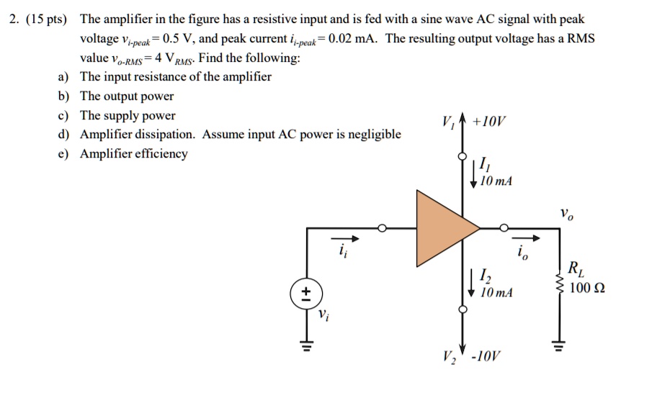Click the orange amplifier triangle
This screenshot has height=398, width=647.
click(443, 229)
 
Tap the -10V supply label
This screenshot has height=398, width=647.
click(488, 358)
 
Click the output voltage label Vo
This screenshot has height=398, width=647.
click(566, 213)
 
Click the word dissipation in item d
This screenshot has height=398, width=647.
click(168, 135)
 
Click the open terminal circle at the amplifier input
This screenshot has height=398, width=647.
click(384, 229)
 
